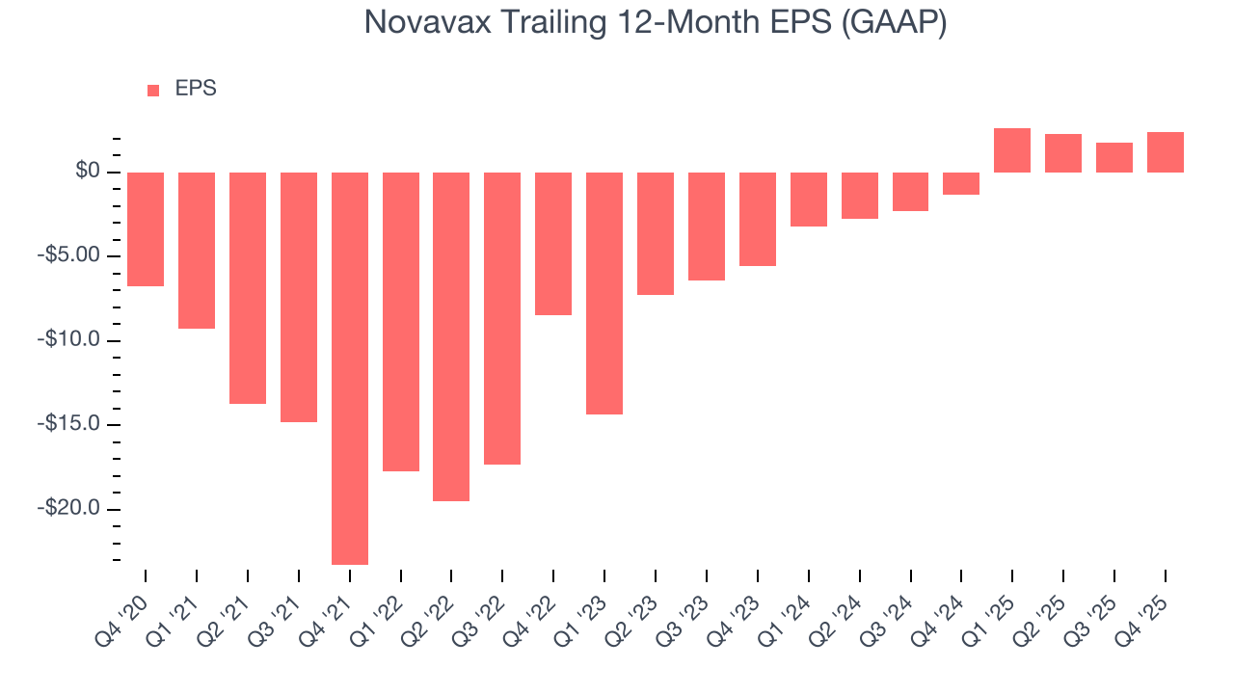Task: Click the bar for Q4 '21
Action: coord(350,368)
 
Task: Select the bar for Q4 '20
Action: coord(146,229)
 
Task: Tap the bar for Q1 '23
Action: coord(604,293)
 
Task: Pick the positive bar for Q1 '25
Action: coord(1012,150)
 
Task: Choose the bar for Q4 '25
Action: coord(1166,152)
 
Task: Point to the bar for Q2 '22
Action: coord(451,336)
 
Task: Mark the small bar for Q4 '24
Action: coord(961,183)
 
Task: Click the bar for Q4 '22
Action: coord(553,244)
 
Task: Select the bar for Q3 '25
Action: coord(1114,157)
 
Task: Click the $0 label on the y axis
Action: coord(89,172)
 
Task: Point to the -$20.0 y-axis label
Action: coord(71,509)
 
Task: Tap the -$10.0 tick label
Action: coord(71,340)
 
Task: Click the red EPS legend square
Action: coord(153,91)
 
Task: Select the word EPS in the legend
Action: coord(196,89)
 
